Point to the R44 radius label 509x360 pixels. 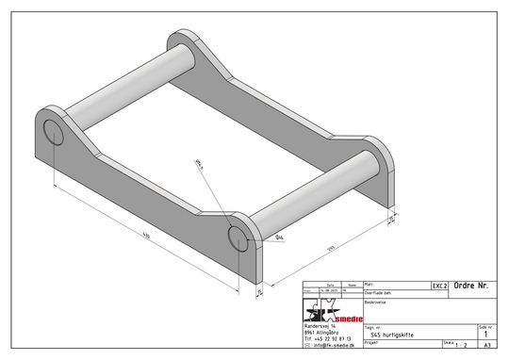[280, 239]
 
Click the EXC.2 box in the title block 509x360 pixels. [439, 284]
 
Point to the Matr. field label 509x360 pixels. [369, 283]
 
